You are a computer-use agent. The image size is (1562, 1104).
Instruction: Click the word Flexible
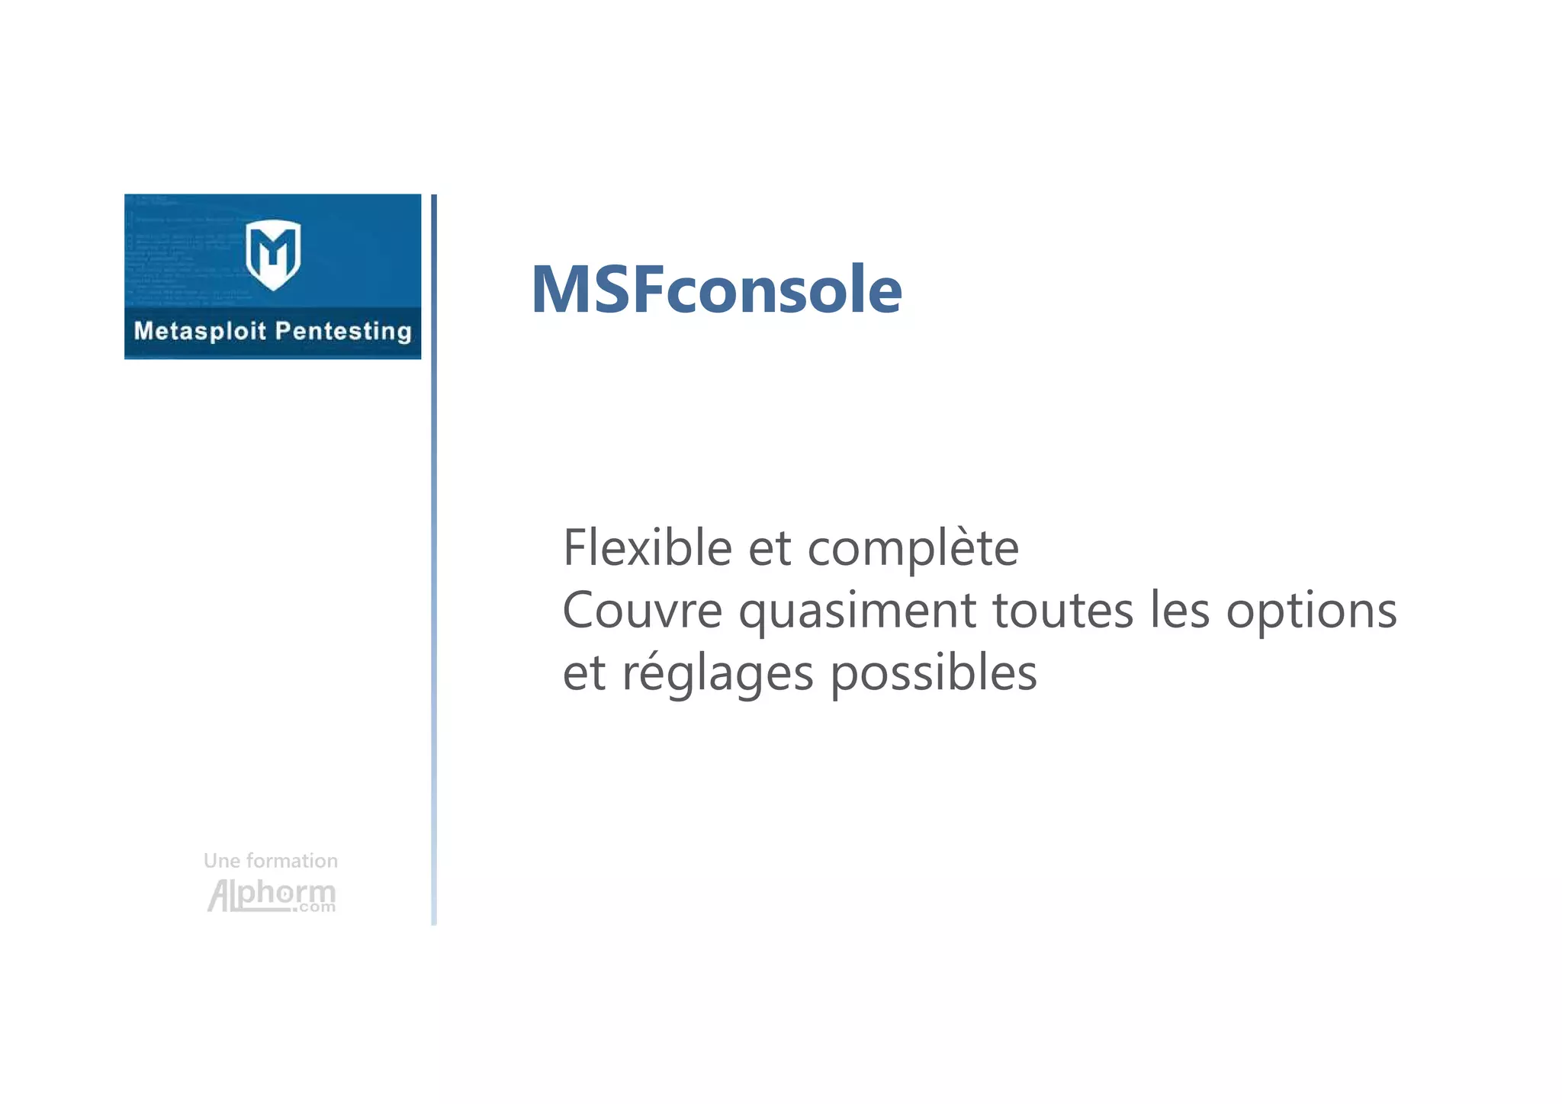(647, 547)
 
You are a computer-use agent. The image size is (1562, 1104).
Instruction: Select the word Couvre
(642, 610)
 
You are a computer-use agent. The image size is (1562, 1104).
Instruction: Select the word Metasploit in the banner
(200, 331)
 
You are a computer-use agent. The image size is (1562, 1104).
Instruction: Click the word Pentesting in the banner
(342, 332)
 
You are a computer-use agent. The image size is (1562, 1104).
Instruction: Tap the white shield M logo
(273, 255)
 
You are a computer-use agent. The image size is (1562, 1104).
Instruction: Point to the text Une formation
(270, 861)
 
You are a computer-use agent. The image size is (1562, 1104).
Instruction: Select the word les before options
(1179, 610)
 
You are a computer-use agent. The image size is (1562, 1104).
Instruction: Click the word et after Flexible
(769, 549)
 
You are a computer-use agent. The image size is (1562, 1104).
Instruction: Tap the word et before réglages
(583, 674)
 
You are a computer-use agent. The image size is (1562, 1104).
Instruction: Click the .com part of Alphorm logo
(313, 907)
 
